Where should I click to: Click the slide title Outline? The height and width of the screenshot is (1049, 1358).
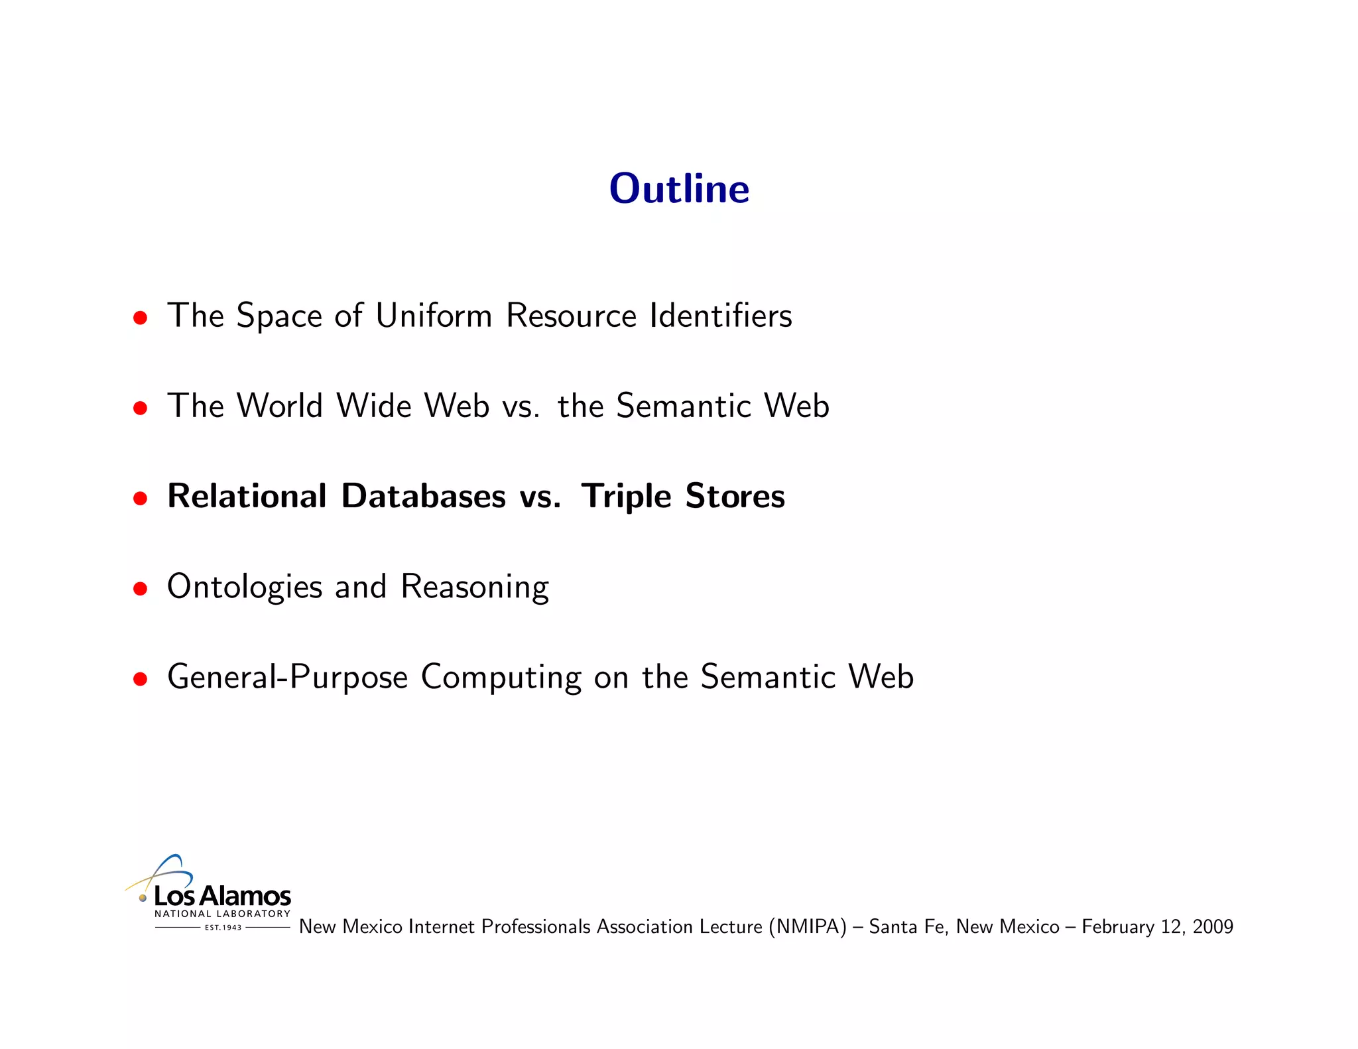pyautogui.click(x=679, y=188)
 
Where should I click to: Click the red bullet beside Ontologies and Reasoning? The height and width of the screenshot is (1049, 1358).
pyautogui.click(x=140, y=588)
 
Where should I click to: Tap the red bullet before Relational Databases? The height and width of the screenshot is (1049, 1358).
pyautogui.click(x=140, y=498)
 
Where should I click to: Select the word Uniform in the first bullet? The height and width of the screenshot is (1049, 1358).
pyautogui.click(x=434, y=315)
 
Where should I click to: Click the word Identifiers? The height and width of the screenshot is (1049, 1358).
pyautogui.click(x=721, y=315)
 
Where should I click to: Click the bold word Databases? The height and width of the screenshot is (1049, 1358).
pyautogui.click(x=423, y=496)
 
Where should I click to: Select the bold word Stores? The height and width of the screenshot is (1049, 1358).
pyautogui.click(x=735, y=496)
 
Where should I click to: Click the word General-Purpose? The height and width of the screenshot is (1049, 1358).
pyautogui.click(x=287, y=678)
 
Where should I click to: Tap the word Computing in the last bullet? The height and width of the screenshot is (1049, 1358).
pyautogui.click(x=501, y=678)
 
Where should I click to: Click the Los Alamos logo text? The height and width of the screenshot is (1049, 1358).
pyautogui.click(x=222, y=896)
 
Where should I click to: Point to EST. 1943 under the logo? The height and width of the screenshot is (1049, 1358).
pyautogui.click(x=223, y=928)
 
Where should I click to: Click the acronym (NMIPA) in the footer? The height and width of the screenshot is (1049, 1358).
pyautogui.click(x=808, y=926)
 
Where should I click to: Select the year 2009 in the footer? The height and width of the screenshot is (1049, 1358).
pyautogui.click(x=1213, y=926)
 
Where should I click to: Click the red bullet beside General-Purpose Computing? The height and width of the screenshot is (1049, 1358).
pyautogui.click(x=140, y=679)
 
